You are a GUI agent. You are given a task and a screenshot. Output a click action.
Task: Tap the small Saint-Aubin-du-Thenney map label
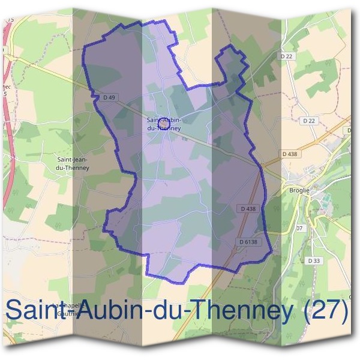click(x=163, y=124)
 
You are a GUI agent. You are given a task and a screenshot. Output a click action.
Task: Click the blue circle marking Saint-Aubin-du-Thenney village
click(x=163, y=124)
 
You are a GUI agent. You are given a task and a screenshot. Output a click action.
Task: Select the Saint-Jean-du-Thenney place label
click(x=73, y=164)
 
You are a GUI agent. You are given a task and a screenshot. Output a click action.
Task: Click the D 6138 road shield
click(x=248, y=242)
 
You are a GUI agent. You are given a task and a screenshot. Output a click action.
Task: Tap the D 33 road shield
click(x=313, y=260)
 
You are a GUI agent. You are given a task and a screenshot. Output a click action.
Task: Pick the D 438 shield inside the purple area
click(x=247, y=209)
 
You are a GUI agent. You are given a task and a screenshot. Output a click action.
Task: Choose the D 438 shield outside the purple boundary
click(x=290, y=154)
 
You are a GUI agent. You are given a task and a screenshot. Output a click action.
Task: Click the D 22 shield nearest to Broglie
click(x=309, y=121)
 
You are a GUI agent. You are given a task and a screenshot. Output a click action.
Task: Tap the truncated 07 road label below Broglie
click(x=299, y=229)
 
